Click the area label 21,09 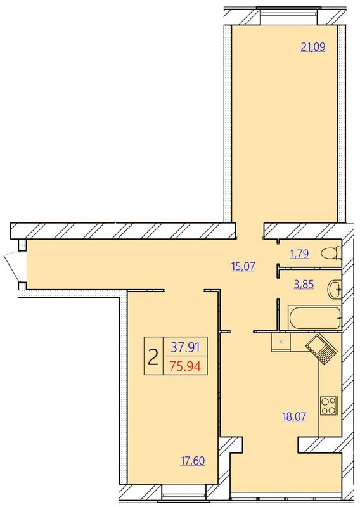tap(313, 47)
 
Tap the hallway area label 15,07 tap(243, 266)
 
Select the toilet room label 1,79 tap(299, 254)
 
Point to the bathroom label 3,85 tap(304, 285)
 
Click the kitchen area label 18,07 tap(294, 416)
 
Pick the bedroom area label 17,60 tap(193, 461)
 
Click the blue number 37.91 tap(185, 347)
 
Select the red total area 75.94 tap(185, 366)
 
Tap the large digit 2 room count tap(153, 357)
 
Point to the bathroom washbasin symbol tap(335, 289)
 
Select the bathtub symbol tap(314, 318)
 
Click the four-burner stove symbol tap(328, 406)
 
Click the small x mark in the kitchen tap(281, 342)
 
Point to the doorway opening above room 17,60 tap(184, 290)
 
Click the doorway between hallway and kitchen tap(243, 331)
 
